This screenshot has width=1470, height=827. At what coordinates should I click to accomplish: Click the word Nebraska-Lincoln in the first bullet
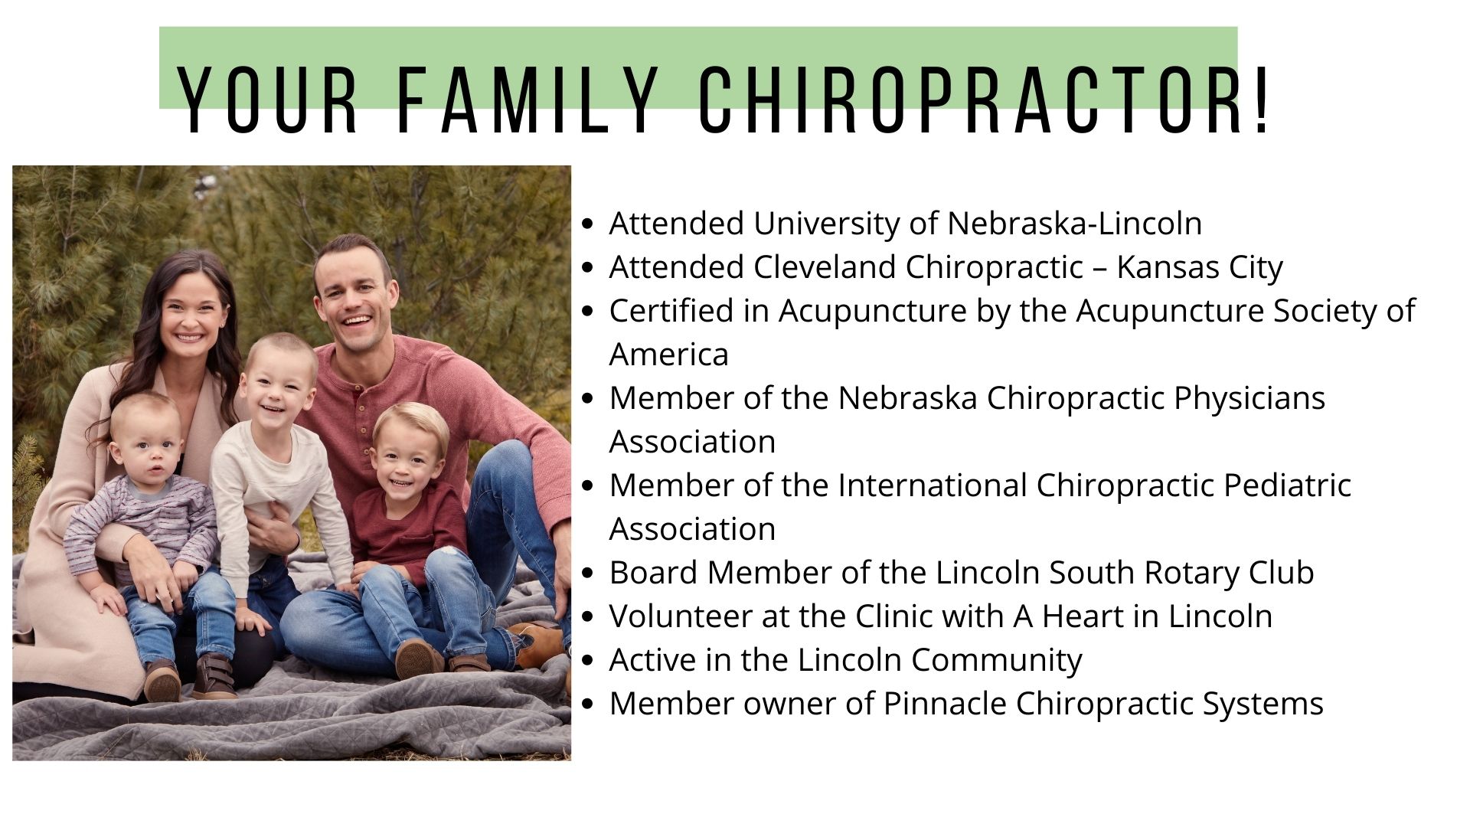coord(1074,224)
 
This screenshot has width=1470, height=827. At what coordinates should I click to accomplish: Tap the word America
coord(668,355)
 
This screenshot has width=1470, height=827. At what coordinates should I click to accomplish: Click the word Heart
coord(1083,616)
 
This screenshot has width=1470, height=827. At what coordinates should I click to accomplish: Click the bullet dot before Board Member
coord(588,574)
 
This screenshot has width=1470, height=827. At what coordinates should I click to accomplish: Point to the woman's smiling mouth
coord(188,337)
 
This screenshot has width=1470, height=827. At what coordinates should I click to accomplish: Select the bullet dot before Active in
coord(588,661)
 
